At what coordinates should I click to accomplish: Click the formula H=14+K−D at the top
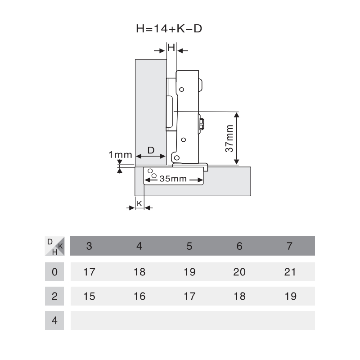(169, 29)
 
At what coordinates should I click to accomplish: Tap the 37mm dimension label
(229, 138)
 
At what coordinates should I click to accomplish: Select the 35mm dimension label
(173, 179)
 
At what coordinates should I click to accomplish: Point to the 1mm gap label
(120, 154)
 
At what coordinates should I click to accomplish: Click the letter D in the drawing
(151, 150)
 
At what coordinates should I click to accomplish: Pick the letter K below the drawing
(139, 203)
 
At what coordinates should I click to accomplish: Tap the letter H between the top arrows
(171, 48)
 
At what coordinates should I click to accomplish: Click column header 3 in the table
(89, 246)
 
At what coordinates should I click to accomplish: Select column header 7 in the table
(289, 246)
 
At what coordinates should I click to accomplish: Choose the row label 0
(54, 272)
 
